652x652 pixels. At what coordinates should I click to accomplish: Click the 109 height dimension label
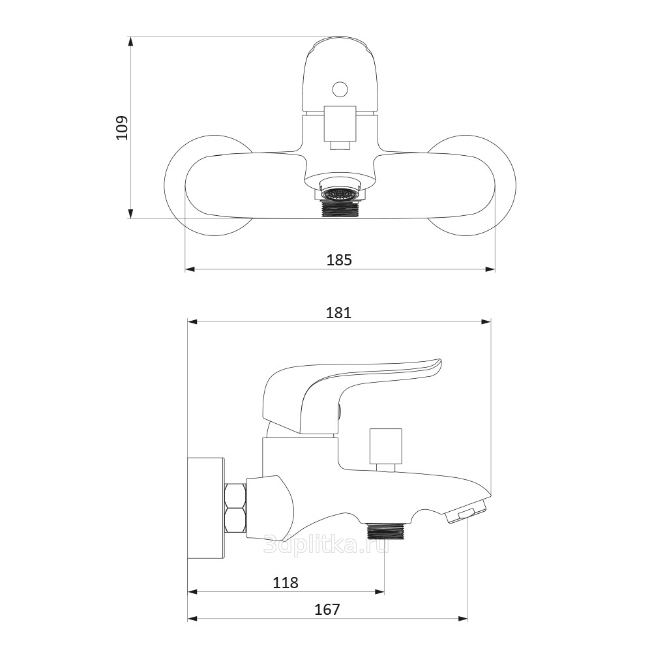(123, 128)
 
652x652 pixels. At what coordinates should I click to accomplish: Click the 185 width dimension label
(339, 260)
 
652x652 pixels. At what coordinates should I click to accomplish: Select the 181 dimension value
(338, 312)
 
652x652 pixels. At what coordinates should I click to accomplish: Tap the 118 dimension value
(286, 582)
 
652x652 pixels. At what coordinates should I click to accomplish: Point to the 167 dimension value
(327, 610)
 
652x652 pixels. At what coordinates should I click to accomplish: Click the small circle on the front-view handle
(340, 89)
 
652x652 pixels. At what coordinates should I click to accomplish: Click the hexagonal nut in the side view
(235, 507)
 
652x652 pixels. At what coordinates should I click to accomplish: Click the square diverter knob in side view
(385, 446)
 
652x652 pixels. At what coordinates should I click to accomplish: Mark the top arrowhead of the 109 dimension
(130, 42)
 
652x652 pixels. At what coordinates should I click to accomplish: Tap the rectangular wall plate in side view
(206, 508)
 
